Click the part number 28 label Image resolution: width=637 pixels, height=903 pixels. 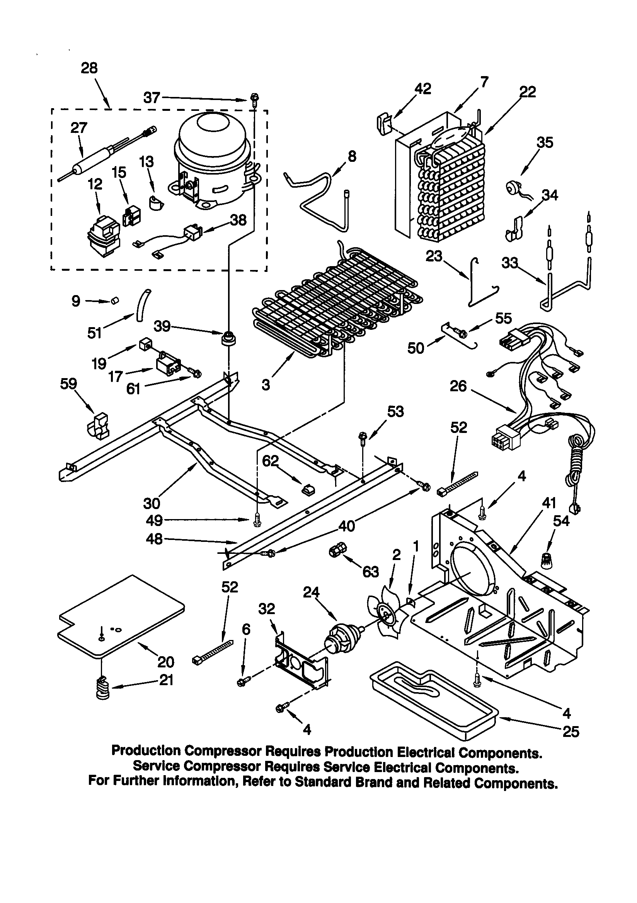pyautogui.click(x=89, y=68)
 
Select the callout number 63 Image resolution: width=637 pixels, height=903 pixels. pyautogui.click(x=370, y=572)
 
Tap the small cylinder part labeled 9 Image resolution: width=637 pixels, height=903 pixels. pyautogui.click(x=114, y=301)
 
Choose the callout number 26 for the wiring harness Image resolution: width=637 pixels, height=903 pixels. pyautogui.click(x=458, y=386)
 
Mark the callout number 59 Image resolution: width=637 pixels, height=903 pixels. pyautogui.click(x=68, y=384)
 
